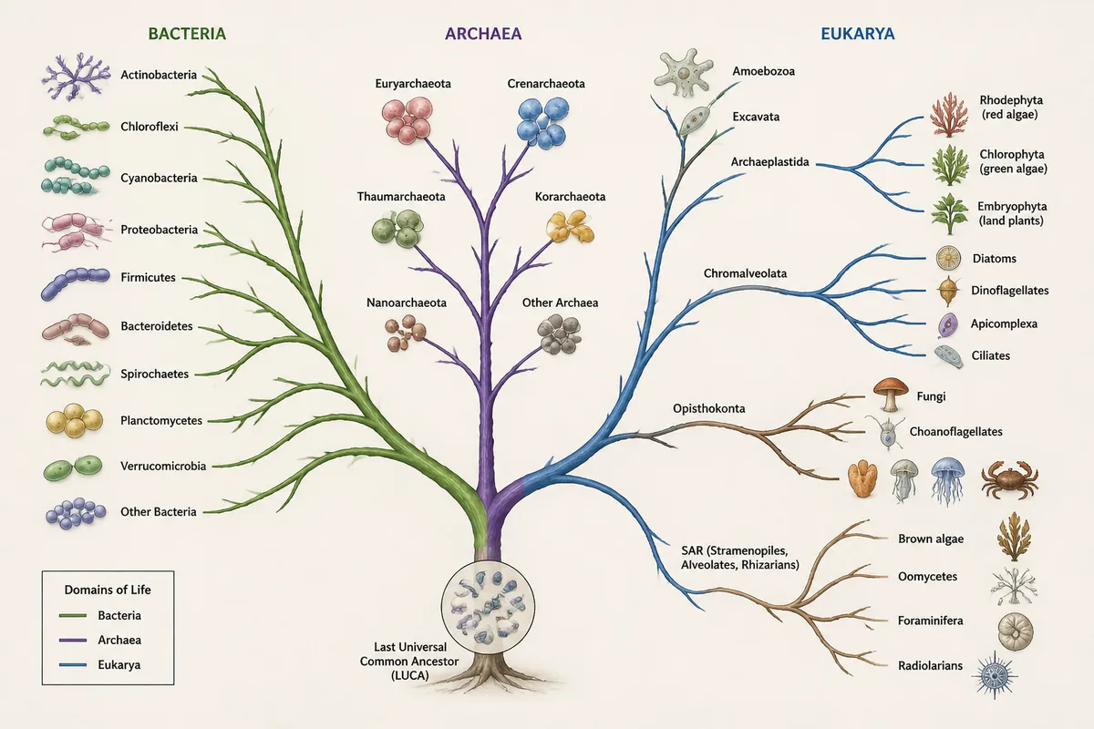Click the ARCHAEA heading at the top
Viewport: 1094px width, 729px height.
(x=483, y=34)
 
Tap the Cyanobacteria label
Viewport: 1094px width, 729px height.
(x=159, y=178)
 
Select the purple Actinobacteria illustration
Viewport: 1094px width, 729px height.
(x=76, y=77)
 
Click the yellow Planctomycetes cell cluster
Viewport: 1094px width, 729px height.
(x=74, y=420)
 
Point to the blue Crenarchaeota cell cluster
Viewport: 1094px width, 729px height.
(x=542, y=122)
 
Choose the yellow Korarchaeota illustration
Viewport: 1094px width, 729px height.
(x=570, y=226)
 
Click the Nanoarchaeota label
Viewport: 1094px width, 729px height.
(x=407, y=303)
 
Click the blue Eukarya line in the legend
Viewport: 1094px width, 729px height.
(x=73, y=664)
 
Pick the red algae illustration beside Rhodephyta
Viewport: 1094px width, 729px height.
(x=949, y=115)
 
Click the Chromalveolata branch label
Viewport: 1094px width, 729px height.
(x=745, y=273)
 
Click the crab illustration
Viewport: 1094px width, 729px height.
(x=1009, y=479)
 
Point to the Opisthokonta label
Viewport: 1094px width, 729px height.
(x=708, y=408)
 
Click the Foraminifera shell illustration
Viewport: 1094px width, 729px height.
(x=1016, y=631)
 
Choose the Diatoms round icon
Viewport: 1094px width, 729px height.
(x=948, y=258)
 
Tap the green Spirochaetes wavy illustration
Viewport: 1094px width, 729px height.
(x=75, y=374)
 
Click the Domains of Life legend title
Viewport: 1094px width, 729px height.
(x=108, y=590)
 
